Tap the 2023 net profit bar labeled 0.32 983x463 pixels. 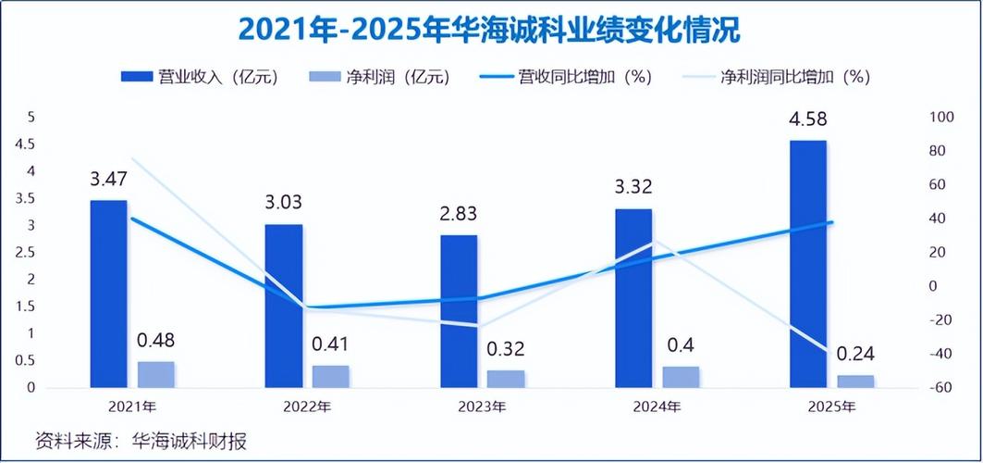pos(506,378)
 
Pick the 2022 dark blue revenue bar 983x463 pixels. pos(284,306)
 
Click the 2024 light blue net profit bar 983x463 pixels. pos(681,376)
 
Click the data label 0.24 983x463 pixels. pos(854,353)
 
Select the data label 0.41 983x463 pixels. pos(331,344)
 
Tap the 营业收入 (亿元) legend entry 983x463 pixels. pos(199,77)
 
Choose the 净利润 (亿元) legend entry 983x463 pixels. pos(379,77)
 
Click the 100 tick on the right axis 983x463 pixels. pos(940,118)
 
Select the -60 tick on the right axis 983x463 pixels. pos(940,388)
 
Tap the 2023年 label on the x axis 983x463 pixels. pos(482,407)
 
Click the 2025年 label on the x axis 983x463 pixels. pos(831,407)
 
